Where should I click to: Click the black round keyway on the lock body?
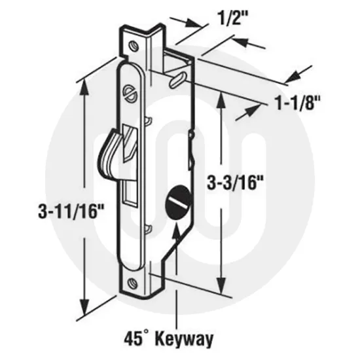177,198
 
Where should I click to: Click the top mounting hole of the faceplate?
133,46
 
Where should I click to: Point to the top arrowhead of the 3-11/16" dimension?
84,84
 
